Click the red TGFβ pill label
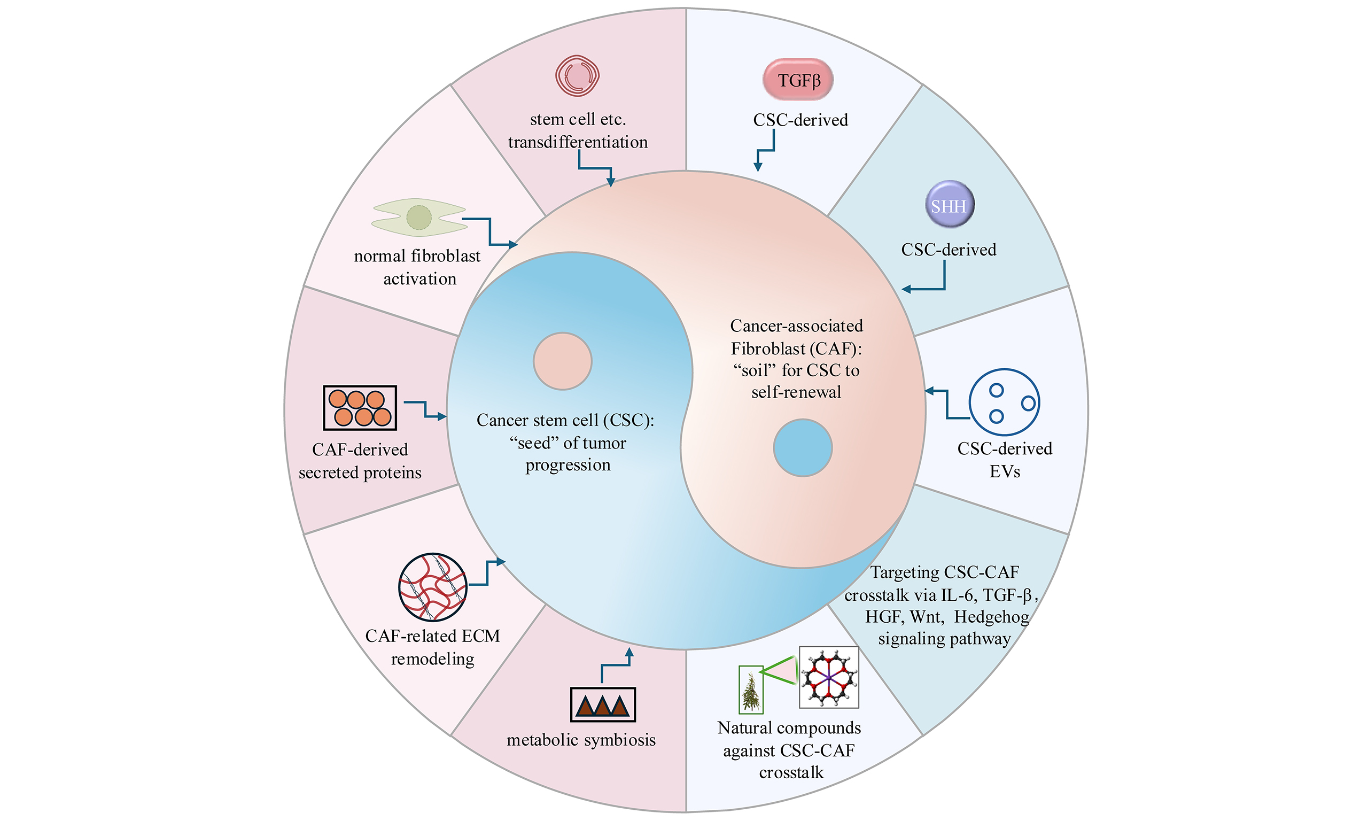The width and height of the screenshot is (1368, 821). tap(797, 80)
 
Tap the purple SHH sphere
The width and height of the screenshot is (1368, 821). tap(949, 205)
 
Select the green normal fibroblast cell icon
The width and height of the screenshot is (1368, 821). tap(419, 218)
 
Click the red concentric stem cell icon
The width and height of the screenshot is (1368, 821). tap(577, 76)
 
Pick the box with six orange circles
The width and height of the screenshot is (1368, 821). tap(360, 408)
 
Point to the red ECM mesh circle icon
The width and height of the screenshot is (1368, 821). tap(432, 587)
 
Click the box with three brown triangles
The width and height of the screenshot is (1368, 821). tap(603, 704)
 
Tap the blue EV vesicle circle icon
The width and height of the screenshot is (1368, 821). tap(1004, 402)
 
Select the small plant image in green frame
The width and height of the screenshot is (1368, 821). tap(751, 690)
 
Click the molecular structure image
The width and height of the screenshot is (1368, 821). tap(829, 677)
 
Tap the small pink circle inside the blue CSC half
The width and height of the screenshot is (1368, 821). tap(562, 361)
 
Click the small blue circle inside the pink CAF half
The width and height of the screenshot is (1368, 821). tap(802, 447)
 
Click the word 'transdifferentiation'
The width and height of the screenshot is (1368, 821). tap(577, 142)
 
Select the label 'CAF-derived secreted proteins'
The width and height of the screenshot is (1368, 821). tap(360, 461)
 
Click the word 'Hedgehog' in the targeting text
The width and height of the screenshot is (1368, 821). tap(991, 617)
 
